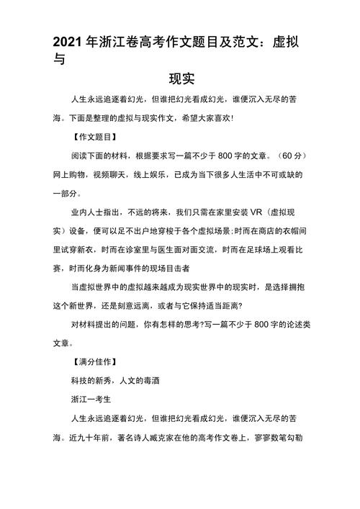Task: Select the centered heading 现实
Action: tap(181, 78)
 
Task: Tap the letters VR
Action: tap(253, 214)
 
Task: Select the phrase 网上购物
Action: tap(70, 175)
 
